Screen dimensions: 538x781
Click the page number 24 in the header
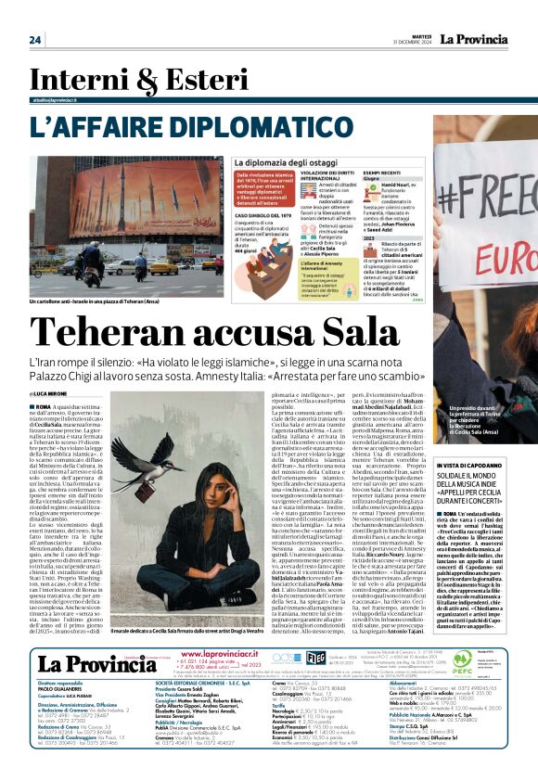(35, 39)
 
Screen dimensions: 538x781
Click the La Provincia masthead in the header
(476, 38)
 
